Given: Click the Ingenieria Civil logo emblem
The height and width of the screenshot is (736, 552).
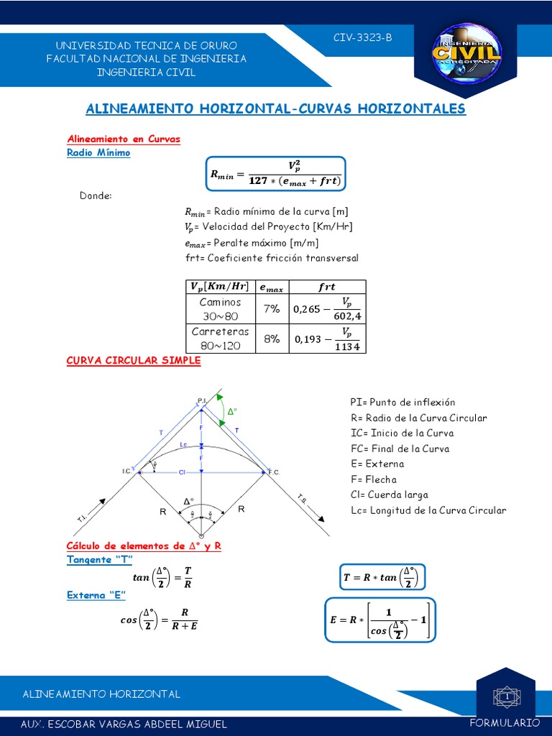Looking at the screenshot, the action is pos(466,55).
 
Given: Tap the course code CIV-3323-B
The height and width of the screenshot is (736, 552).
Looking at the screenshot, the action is pos(363,38).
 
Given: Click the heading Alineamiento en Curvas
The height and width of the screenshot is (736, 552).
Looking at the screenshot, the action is pos(124,139).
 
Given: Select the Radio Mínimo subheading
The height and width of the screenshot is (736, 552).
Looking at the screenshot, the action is pos(98,152).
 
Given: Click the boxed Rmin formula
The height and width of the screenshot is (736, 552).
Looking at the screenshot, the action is pos(276,174).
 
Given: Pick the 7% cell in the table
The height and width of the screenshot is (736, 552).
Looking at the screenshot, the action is pos(271,308).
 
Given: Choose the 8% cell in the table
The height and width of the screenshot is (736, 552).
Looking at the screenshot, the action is pos(271,339).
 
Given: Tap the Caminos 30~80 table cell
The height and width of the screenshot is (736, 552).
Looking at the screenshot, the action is pos(220,309).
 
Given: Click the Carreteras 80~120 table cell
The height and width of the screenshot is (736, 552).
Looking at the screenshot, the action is pos(220,339).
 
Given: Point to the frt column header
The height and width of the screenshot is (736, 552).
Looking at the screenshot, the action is pos(326,287).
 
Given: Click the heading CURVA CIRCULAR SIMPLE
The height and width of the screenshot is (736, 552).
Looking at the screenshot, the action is pos(134,361).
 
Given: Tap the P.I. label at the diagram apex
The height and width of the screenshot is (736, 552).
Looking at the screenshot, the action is pos(202,400).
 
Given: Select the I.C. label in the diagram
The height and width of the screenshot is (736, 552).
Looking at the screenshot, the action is pos(126,471).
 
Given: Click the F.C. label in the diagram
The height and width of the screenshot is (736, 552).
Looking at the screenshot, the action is pos(273,471).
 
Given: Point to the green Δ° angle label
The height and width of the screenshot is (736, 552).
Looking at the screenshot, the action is pos(231,413).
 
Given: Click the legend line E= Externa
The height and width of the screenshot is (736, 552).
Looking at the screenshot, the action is pos(377,464).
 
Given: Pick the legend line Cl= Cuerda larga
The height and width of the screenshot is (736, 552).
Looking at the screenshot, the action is pos(389,494).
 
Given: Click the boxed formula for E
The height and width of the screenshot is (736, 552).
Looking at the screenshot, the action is pos(379,619).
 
